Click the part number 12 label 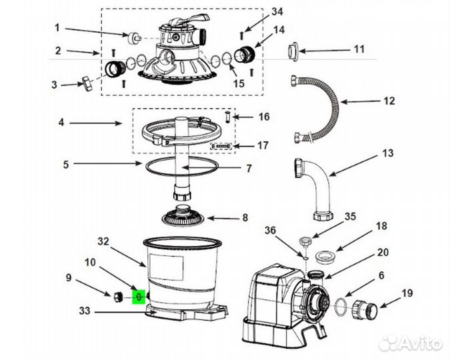pyautogui.click(x=389, y=101)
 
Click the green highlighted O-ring pyautogui.click(x=139, y=297)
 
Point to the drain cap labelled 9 pyautogui.click(x=118, y=297)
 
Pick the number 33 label pyautogui.click(x=85, y=311)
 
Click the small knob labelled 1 pyautogui.click(x=133, y=38)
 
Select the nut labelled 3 pyautogui.click(x=87, y=83)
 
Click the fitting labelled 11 pyautogui.click(x=293, y=51)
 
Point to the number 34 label pyautogui.click(x=277, y=12)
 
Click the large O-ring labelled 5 pyautogui.click(x=182, y=167)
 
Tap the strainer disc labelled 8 pyautogui.click(x=183, y=216)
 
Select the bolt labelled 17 pyautogui.click(x=221, y=146)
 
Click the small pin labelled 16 pyautogui.click(x=227, y=117)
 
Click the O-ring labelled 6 pyautogui.click(x=341, y=307)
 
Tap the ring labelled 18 pyautogui.click(x=325, y=256)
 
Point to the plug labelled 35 pyautogui.click(x=305, y=241)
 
